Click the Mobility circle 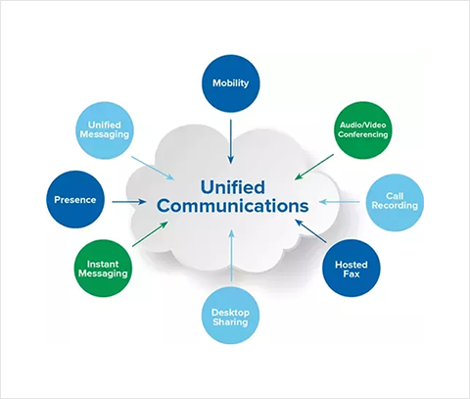(231, 83)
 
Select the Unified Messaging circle (105, 130)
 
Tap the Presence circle (75, 199)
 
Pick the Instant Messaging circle (103, 269)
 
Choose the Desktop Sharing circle (230, 316)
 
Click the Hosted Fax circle (352, 269)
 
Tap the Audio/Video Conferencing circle (362, 130)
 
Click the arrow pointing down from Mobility (231, 141)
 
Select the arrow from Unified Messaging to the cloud (153, 168)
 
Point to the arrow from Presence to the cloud (129, 202)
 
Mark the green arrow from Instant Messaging (150, 233)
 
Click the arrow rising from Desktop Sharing (231, 255)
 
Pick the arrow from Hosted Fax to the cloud (310, 231)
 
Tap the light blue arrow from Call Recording (339, 202)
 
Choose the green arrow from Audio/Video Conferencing (314, 167)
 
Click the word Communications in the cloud (233, 206)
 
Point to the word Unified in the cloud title (232, 187)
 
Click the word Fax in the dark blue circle (352, 274)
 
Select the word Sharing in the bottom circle (230, 323)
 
